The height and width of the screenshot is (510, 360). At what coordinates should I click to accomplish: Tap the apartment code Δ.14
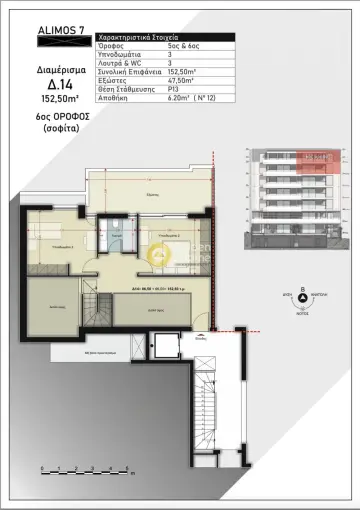tap(45, 86)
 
